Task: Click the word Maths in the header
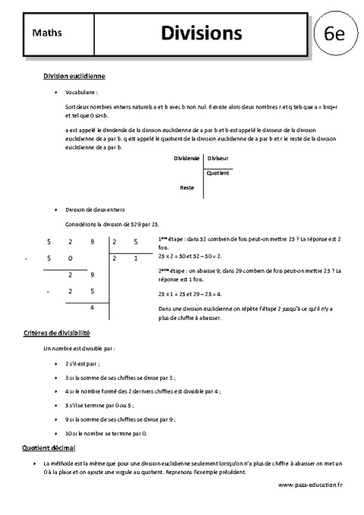click(x=47, y=33)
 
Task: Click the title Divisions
click(x=202, y=33)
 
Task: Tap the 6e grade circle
click(x=334, y=34)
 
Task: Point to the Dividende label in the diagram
click(x=187, y=158)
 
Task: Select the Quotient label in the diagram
click(x=218, y=172)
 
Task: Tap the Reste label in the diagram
click(x=187, y=187)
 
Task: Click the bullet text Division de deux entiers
click(x=95, y=209)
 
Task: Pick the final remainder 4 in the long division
click(x=92, y=306)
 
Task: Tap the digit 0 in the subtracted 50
click(x=70, y=259)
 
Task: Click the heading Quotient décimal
click(x=47, y=449)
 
